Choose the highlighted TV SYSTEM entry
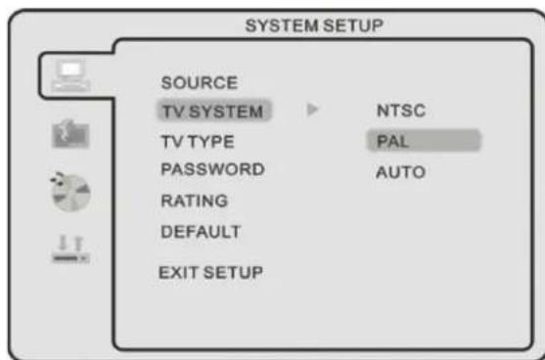click(x=211, y=111)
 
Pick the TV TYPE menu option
click(x=198, y=141)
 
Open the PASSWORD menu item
click(x=212, y=169)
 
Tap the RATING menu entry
click(x=195, y=202)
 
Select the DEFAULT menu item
click(x=201, y=232)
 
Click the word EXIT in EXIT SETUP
click(x=179, y=271)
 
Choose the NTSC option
click(x=399, y=111)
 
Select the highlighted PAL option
click(x=391, y=142)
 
